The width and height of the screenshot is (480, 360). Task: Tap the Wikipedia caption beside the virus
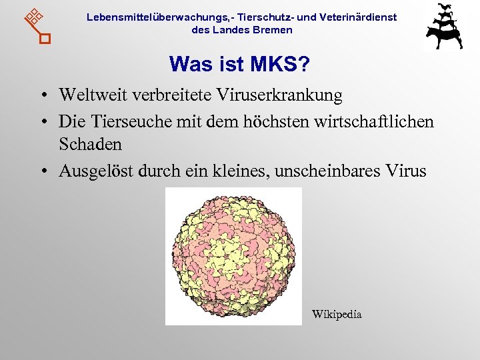point(337,314)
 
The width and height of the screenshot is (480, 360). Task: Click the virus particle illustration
point(233,257)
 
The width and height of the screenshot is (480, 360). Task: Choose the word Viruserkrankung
point(279,96)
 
